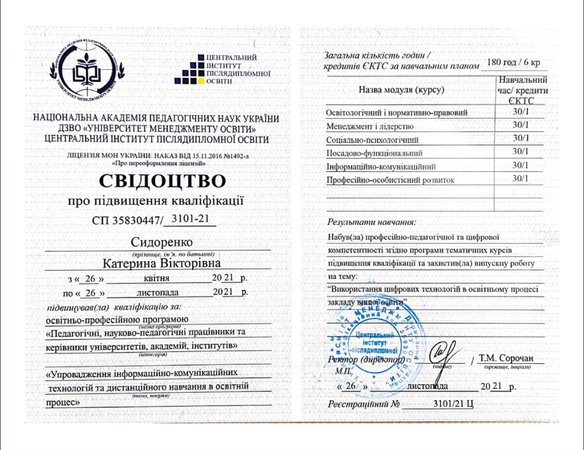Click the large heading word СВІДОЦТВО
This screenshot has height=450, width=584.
point(163,181)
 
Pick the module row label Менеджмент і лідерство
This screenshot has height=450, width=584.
point(370,126)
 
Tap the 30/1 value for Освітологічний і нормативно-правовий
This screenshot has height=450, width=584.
point(520,112)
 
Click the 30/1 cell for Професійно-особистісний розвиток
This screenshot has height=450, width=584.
point(520,179)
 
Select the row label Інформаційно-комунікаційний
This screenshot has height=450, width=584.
point(382,167)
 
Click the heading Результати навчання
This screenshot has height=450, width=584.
point(372,221)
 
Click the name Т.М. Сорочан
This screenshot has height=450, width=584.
point(506,358)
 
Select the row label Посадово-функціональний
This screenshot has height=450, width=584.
point(374,153)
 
